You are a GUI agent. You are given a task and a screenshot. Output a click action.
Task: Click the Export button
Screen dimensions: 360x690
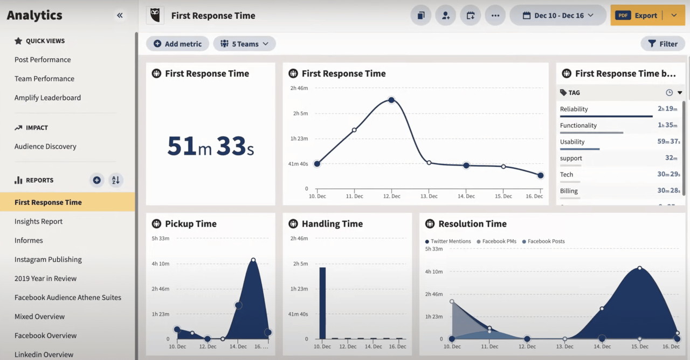[x=638, y=16]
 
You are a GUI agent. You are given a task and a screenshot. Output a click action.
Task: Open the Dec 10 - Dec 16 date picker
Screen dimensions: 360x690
[x=558, y=16]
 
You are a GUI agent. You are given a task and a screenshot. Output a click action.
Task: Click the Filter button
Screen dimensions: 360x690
[x=663, y=44]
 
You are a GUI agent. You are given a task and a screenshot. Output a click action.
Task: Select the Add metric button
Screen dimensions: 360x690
[x=177, y=44]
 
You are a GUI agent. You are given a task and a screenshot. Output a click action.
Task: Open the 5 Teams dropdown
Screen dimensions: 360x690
[x=244, y=44]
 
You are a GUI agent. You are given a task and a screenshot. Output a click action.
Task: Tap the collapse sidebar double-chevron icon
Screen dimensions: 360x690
[x=120, y=16]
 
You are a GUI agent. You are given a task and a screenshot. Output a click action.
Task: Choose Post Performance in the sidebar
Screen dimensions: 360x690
[x=43, y=59]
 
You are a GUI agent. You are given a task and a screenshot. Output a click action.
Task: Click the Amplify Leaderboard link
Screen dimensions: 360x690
[x=47, y=98]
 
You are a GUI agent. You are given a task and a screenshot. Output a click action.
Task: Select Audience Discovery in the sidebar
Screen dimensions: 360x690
[x=45, y=146]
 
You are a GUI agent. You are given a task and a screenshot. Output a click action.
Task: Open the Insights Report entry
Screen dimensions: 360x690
[x=38, y=221]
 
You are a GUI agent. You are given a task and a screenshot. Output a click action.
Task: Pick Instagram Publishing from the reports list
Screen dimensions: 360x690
[x=48, y=259]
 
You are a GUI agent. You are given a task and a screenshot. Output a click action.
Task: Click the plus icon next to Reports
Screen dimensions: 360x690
[x=96, y=180]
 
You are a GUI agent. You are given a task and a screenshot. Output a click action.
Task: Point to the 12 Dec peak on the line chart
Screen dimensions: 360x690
[x=391, y=100]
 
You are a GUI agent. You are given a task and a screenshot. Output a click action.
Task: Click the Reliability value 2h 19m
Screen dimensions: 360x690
[x=667, y=109]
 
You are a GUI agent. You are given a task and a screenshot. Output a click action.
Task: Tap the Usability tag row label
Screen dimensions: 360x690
[x=572, y=142]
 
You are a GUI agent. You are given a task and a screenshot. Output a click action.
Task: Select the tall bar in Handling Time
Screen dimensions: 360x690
[x=322, y=302]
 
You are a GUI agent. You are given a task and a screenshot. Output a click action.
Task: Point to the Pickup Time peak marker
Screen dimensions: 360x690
[x=253, y=260]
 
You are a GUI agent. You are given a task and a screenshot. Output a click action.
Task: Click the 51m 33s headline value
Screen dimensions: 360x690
[x=210, y=146]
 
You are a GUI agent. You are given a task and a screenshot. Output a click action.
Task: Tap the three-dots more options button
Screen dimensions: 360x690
[x=495, y=16]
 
